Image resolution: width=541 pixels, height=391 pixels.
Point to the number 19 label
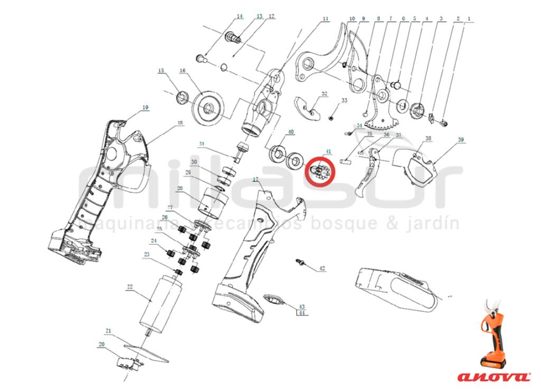145,107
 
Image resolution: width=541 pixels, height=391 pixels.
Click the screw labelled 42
299,261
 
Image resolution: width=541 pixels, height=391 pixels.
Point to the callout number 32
324,94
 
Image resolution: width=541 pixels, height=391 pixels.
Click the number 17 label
256,180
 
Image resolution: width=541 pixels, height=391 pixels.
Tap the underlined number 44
302,313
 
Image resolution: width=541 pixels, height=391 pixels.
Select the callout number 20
101,344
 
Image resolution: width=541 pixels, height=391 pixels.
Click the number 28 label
180,188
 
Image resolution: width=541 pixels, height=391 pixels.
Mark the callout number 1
468,19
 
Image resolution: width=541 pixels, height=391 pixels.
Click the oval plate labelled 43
275,299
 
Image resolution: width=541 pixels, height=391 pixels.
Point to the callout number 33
344,100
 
